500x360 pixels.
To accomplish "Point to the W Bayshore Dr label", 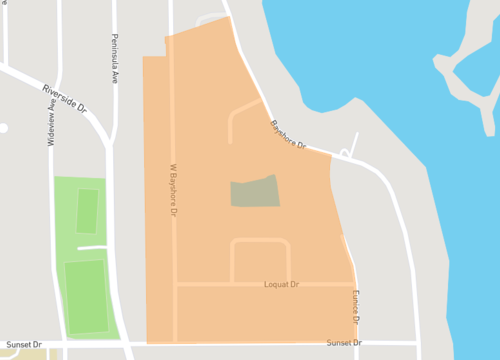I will point(173,191).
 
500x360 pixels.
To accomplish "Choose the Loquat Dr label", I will point(282,285).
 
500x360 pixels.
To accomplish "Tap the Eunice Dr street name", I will point(355,305).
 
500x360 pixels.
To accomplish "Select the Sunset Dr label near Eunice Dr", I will point(344,343).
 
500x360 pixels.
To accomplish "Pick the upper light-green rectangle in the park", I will point(88,210).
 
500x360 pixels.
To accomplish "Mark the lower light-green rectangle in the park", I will point(87,296).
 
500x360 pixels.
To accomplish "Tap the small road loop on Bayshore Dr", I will point(345,154).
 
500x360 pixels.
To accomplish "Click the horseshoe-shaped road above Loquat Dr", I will point(260,243).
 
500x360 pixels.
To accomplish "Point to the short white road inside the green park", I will point(92,247).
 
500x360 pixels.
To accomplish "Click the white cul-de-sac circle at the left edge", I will point(3,128).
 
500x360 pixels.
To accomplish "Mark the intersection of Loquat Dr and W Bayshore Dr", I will point(176,285).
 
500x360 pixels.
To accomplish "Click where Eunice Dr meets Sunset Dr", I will point(358,343).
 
